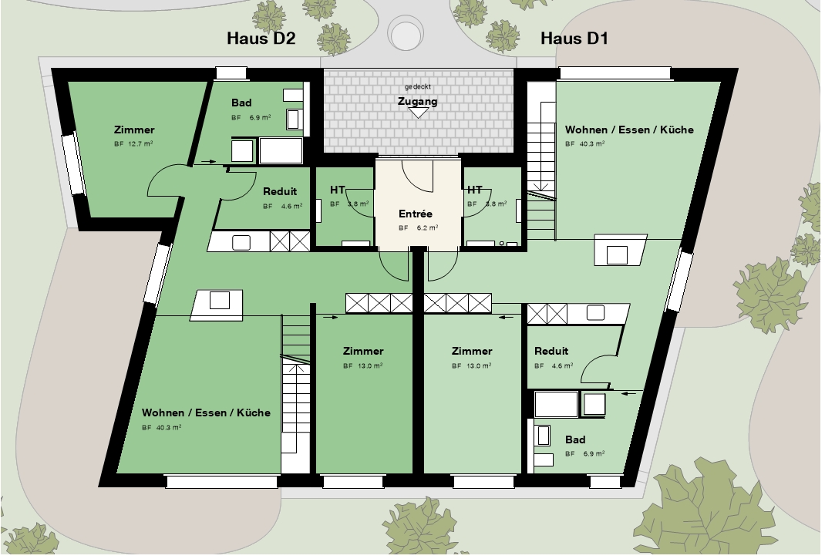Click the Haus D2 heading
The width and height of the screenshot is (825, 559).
point(261,39)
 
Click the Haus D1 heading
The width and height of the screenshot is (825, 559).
point(574,39)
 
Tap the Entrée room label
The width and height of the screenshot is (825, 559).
point(416,214)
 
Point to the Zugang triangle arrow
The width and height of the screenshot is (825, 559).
point(419,113)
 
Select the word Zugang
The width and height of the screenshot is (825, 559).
point(418,101)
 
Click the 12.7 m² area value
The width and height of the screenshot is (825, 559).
point(140,143)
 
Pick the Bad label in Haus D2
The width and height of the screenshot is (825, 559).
point(241,103)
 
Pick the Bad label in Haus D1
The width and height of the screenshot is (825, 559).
point(576,439)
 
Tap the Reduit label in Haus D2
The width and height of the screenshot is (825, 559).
point(280,191)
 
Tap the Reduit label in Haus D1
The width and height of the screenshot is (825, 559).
point(551,351)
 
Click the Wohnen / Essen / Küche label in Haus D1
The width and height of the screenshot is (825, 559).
point(629,130)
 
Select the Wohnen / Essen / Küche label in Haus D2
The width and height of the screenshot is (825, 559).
point(207,413)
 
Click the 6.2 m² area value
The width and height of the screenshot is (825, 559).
point(428,228)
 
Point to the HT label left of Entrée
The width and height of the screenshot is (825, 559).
point(338,190)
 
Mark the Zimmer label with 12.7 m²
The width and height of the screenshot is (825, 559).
point(134,130)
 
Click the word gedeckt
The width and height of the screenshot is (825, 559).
point(418,87)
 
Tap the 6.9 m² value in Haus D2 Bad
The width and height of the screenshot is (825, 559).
point(260,117)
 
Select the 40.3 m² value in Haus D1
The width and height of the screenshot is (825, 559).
point(592,143)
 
